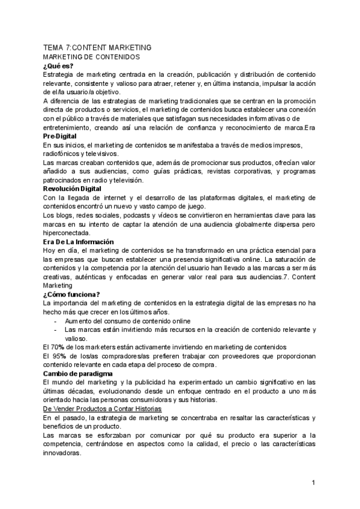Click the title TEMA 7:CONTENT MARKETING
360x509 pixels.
pyautogui.click(x=97, y=47)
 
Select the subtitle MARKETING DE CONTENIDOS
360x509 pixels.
pyautogui.click(x=91, y=56)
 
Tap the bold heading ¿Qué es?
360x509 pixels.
pyautogui.click(x=58, y=65)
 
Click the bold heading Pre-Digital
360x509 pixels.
pyautogui.click(x=59, y=136)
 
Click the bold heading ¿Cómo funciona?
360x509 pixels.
pyautogui.click(x=71, y=294)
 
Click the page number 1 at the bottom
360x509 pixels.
pyautogui.click(x=314, y=483)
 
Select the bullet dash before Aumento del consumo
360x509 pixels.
pyautogui.click(x=56, y=321)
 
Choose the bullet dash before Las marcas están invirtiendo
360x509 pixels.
pyautogui.click(x=56, y=330)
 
